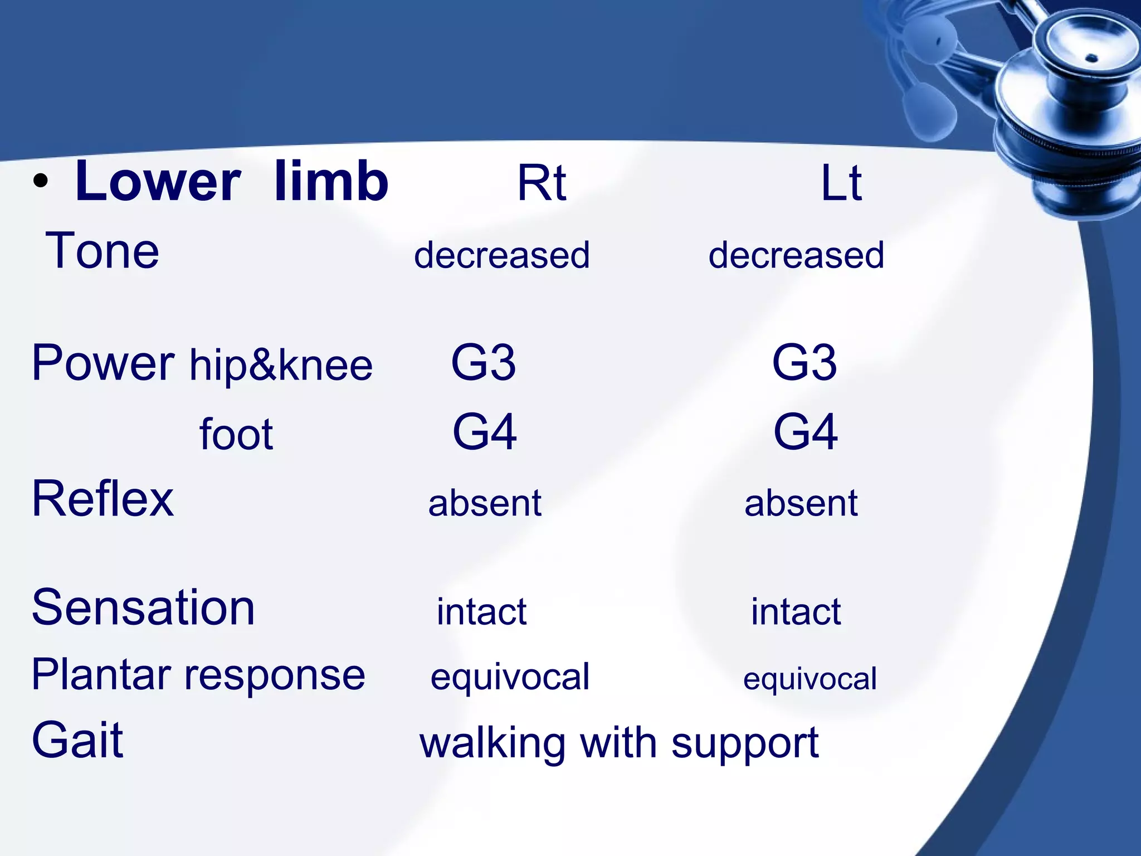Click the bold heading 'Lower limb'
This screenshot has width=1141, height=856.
coord(231,182)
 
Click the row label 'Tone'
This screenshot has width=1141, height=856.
coord(103,251)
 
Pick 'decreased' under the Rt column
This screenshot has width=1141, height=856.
coord(501,255)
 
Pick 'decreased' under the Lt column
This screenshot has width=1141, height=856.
coord(796,255)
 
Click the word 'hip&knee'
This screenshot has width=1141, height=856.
coord(281,366)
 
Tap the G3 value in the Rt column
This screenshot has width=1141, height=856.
coord(484,363)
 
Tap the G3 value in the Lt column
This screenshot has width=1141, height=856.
coord(804,363)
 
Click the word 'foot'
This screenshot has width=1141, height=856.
coord(236,434)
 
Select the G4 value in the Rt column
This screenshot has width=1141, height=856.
coord(485,432)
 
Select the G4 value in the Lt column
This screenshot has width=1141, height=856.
coord(806,432)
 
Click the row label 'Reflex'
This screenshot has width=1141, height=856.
coord(103,499)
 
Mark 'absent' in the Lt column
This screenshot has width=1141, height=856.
coord(801,503)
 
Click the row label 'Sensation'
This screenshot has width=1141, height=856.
coord(143,607)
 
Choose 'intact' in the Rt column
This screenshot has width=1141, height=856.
coord(481,611)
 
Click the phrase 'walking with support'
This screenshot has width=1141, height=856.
coord(619,743)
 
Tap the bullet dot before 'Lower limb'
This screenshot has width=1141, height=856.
coord(40,182)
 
